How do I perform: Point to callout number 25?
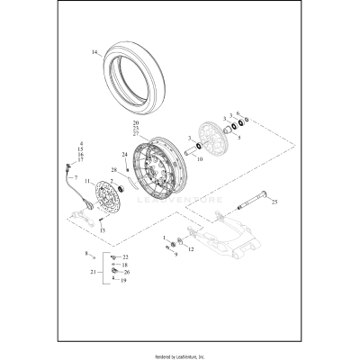pyautogui.click(x=274, y=202)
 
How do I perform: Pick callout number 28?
pyautogui.click(x=113, y=169)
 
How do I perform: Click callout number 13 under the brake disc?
pyautogui.click(x=103, y=230)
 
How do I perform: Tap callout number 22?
pyautogui.click(x=125, y=257)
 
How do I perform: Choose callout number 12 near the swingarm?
pyautogui.click(x=190, y=246)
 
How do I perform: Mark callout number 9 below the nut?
pyautogui.click(x=175, y=254)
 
